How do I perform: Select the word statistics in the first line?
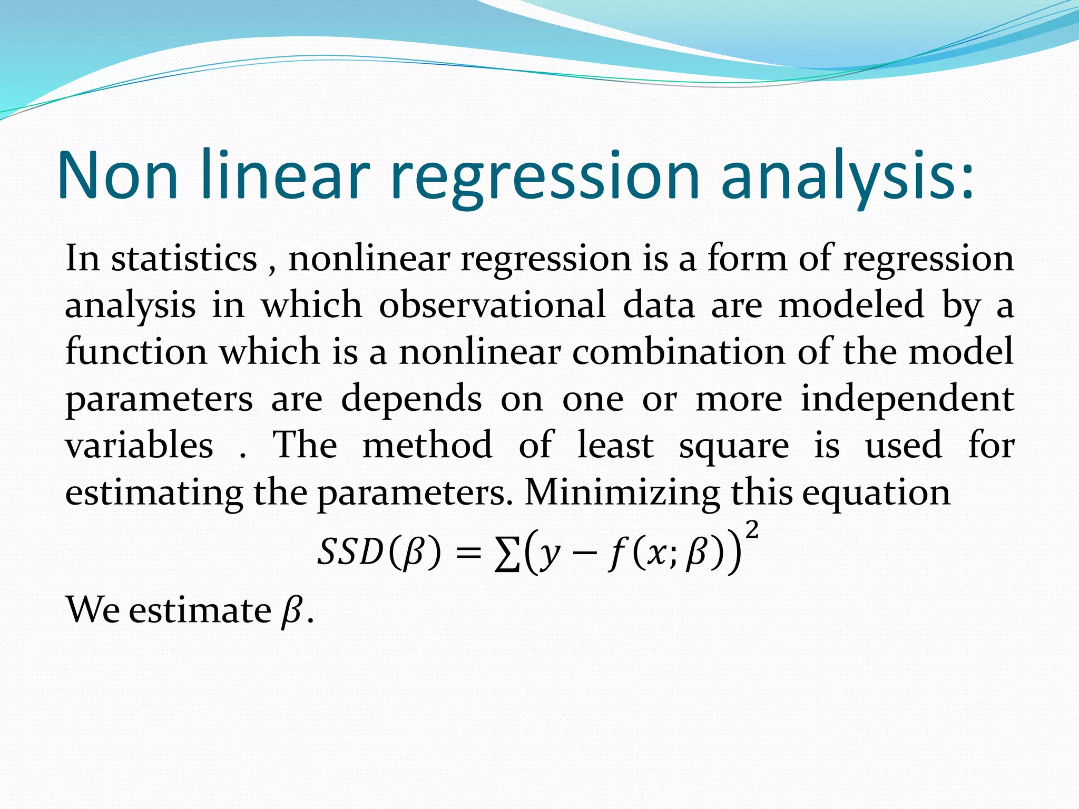point(184,259)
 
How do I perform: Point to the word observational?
point(492,305)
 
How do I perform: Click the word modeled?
point(851,305)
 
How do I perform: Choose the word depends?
point(411,399)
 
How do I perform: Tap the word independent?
point(907,399)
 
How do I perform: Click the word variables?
point(139,446)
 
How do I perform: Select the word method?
point(427,446)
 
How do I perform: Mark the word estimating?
point(154,493)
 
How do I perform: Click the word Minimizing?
point(622,493)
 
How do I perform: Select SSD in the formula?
point(350,552)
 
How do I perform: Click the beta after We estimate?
point(291,611)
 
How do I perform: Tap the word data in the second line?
point(659,305)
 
